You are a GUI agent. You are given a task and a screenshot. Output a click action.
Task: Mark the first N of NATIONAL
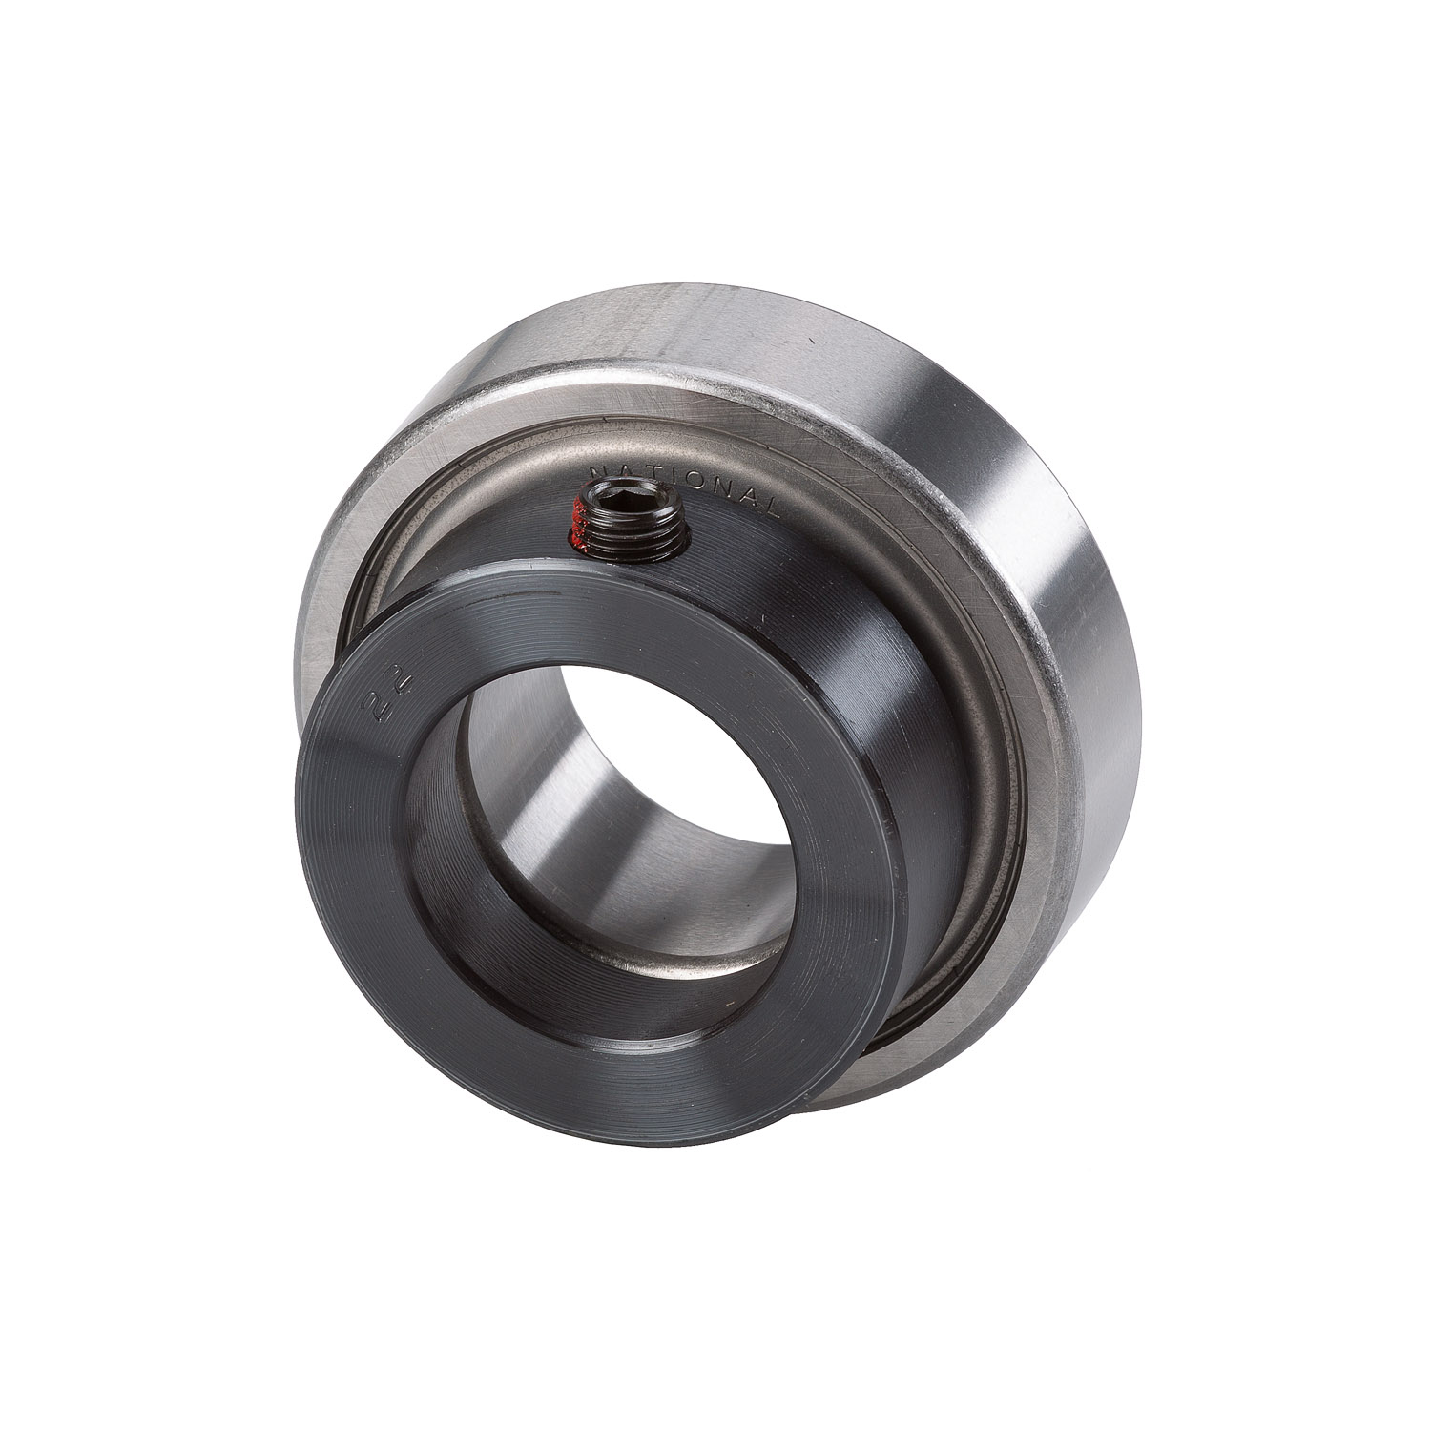click(x=598, y=470)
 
